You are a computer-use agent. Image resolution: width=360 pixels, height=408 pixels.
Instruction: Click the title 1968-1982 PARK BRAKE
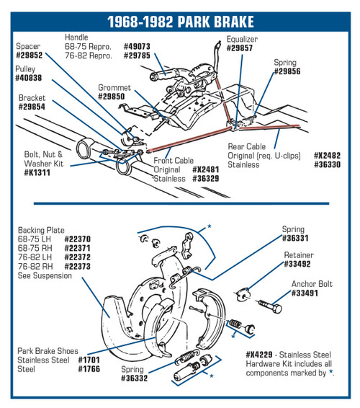(181, 22)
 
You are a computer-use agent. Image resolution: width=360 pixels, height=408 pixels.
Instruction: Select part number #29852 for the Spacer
(29, 56)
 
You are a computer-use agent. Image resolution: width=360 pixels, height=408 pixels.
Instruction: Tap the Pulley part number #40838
(29, 78)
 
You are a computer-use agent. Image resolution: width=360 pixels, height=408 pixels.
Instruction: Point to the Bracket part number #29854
(32, 107)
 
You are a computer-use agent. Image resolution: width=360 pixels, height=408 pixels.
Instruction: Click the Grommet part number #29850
(112, 97)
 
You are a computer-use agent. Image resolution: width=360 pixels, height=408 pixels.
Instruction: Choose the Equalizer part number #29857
(240, 48)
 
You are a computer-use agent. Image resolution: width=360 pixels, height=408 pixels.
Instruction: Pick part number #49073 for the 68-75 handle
(137, 46)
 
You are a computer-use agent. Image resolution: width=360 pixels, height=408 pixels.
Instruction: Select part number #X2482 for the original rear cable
(327, 156)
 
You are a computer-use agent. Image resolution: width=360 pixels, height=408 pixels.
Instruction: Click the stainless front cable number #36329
(206, 179)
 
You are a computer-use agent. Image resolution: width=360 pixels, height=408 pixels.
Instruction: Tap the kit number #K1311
(37, 172)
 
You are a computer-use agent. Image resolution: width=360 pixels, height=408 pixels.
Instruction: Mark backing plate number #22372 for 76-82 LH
(78, 257)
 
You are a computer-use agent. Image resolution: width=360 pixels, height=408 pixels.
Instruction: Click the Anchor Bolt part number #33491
(305, 293)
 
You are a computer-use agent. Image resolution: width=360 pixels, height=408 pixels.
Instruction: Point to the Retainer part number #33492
(297, 264)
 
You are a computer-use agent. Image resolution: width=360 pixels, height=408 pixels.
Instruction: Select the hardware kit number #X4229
(259, 355)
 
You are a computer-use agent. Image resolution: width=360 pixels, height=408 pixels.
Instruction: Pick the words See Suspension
(45, 275)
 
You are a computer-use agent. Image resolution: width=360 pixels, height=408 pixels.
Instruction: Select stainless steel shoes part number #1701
(89, 360)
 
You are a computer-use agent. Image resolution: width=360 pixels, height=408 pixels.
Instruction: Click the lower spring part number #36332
(134, 378)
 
